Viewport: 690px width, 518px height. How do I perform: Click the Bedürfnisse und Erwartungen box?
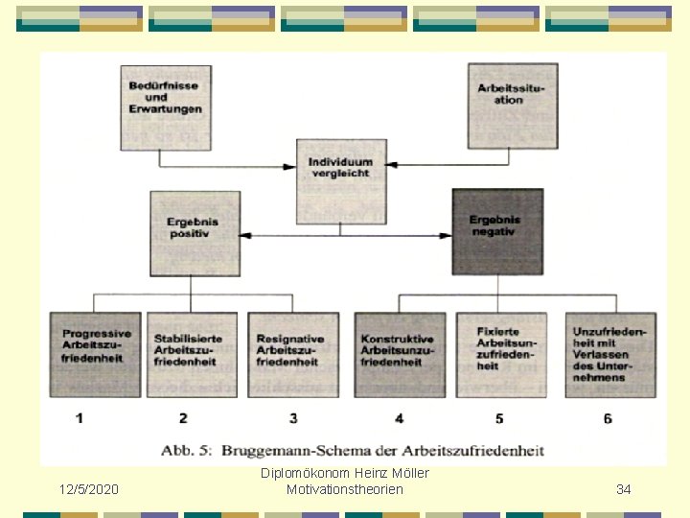(x=165, y=106)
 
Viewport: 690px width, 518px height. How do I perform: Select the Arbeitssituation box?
(x=513, y=106)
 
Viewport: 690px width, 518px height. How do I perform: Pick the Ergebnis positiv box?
(x=195, y=232)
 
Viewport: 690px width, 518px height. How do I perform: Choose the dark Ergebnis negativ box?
(x=497, y=231)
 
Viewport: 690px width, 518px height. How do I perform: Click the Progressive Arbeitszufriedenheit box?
(x=94, y=354)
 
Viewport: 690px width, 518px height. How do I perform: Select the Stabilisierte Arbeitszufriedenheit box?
(x=191, y=354)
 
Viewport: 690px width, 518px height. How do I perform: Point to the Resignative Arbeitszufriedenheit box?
(x=293, y=354)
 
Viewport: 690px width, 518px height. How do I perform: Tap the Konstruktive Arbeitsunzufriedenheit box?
(x=400, y=354)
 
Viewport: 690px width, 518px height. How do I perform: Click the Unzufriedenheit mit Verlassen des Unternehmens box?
(x=610, y=354)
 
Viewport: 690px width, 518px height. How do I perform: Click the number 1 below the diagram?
(x=80, y=418)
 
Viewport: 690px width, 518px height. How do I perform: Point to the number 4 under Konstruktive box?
(x=399, y=418)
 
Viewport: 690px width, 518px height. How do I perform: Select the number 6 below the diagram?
(x=608, y=418)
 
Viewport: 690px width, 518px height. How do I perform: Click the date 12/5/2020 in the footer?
(x=89, y=490)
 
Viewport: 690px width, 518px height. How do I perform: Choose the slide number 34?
(x=624, y=490)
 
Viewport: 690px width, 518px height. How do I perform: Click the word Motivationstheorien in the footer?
(x=345, y=490)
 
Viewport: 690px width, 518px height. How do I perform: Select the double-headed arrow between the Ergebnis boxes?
(x=345, y=235)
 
